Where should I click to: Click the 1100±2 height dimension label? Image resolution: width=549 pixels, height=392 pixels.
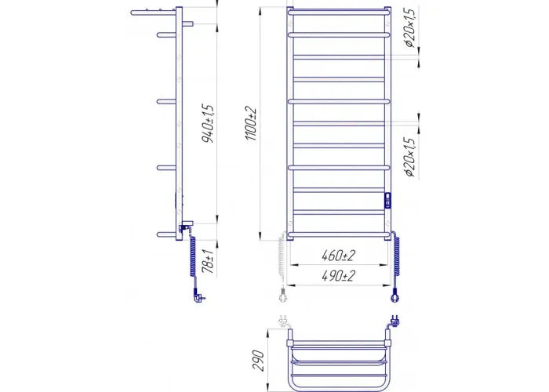coord(251,124)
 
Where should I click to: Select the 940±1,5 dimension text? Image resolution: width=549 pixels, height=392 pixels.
coord(208,123)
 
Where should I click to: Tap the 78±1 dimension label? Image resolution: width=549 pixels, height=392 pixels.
coord(208,261)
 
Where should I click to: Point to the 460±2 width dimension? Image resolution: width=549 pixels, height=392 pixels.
coord(338,256)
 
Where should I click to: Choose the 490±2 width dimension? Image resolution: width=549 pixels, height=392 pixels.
coord(338,276)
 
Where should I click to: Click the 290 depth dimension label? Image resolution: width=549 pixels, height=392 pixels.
coord(258,360)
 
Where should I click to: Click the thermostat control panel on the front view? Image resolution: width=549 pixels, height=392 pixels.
coord(387,201)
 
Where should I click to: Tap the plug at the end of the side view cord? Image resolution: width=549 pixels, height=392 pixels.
coord(199,297)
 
